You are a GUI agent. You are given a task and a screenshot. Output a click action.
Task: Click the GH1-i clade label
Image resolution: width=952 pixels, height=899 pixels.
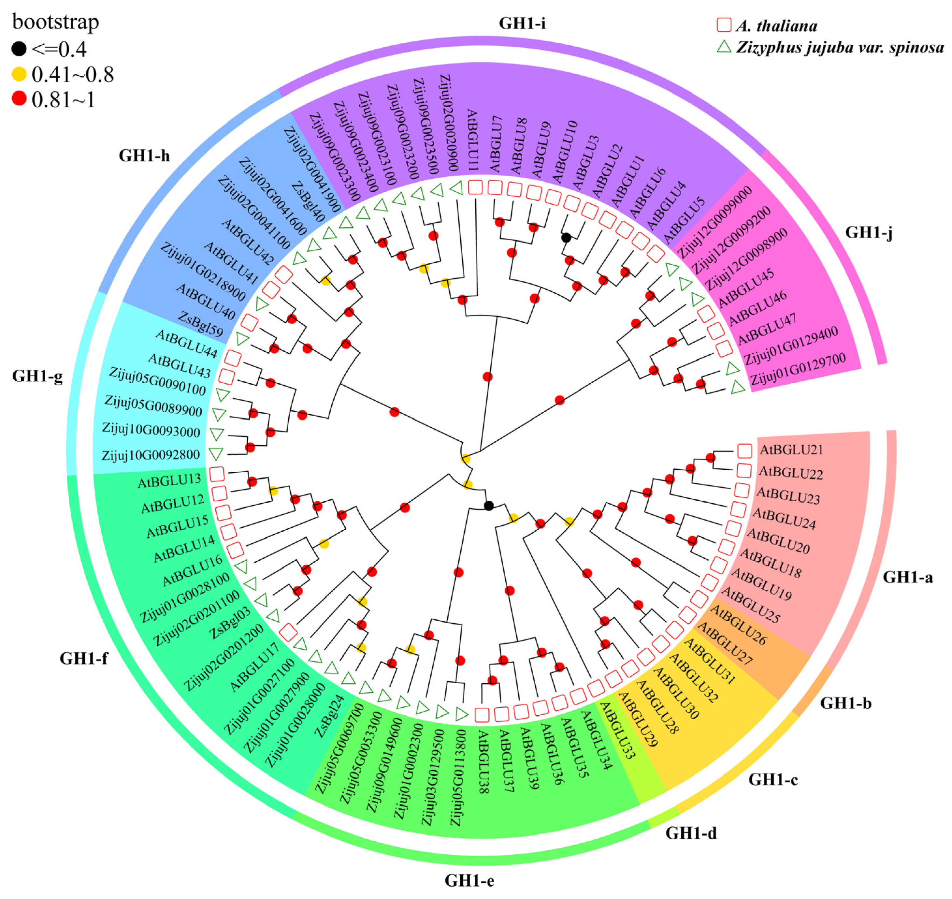522,23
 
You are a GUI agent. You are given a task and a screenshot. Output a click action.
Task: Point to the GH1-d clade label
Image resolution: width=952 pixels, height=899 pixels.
691,833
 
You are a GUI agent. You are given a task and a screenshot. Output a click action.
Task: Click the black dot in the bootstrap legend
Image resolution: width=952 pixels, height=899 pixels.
19,48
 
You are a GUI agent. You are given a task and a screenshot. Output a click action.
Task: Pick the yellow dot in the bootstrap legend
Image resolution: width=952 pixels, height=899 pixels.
19,74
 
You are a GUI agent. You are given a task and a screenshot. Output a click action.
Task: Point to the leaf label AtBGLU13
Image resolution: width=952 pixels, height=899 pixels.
169,481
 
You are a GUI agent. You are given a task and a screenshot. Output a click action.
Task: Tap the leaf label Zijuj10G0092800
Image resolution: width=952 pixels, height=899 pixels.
151,454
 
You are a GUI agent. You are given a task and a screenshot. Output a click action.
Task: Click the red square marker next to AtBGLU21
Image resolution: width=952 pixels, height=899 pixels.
745,450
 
